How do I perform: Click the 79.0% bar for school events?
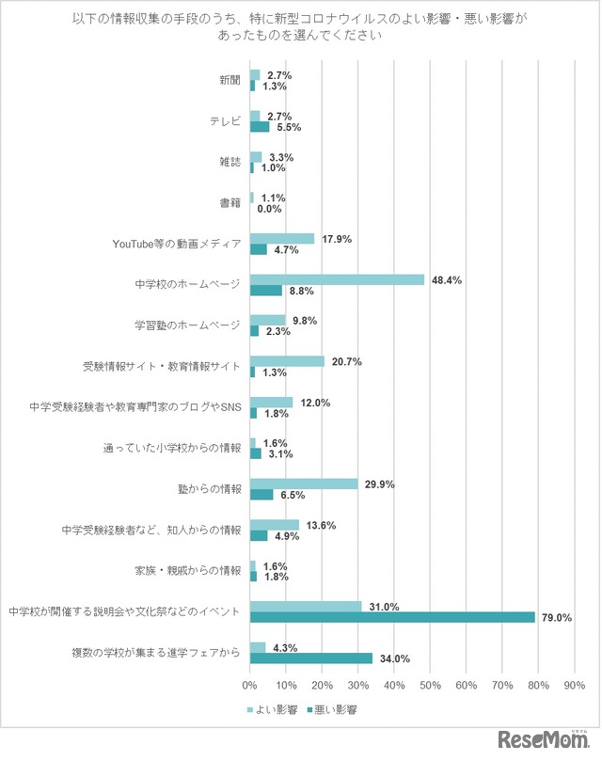click(392, 617)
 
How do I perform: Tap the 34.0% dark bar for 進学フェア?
click(311, 658)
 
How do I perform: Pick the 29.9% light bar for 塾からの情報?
click(304, 484)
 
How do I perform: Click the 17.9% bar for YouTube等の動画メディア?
click(282, 239)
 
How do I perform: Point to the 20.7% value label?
click(347, 361)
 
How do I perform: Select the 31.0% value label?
click(385, 607)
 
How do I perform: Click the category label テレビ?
click(227, 121)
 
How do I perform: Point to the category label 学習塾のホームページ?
click(188, 325)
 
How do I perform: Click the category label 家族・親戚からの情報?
click(189, 570)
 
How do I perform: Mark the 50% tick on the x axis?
click(430, 684)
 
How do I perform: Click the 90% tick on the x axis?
click(574, 684)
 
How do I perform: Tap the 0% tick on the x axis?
click(250, 684)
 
